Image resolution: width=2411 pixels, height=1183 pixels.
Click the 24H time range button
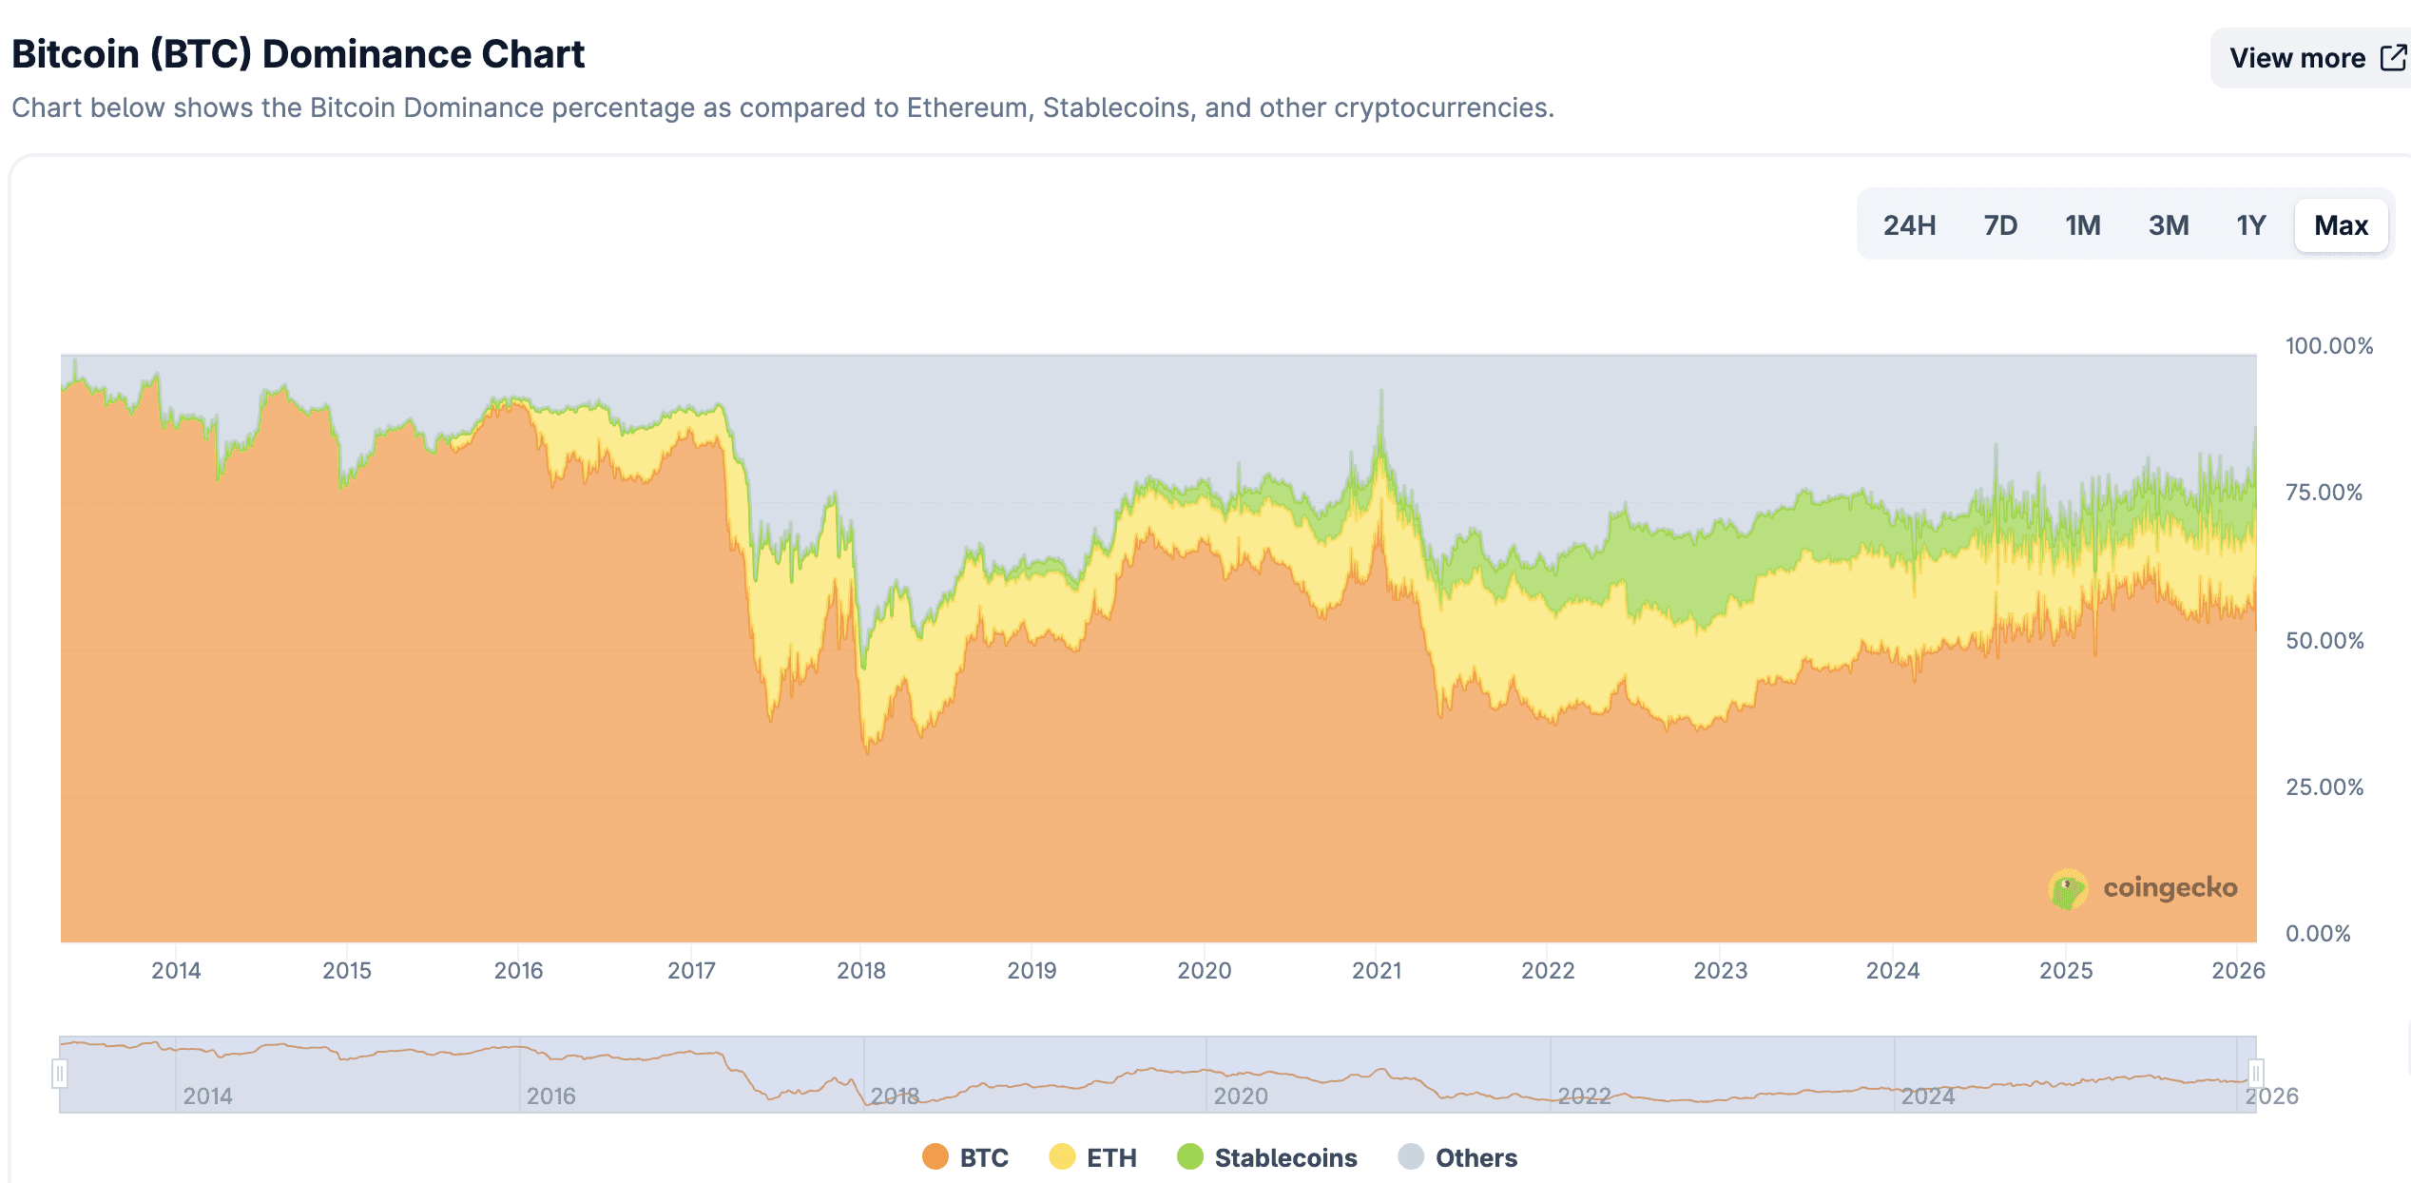click(x=1909, y=225)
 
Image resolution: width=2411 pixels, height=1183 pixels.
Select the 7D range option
click(x=2000, y=225)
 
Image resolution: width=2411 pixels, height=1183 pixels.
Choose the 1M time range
click(x=2082, y=225)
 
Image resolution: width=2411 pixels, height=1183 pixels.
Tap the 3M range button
click(x=2169, y=225)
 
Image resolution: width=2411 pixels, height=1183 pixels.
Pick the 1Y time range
click(x=2250, y=225)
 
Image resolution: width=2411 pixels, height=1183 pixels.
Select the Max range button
click(x=2341, y=225)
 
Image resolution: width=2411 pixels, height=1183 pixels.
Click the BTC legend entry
click(x=965, y=1157)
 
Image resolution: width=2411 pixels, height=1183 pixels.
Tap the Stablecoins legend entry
click(x=1267, y=1157)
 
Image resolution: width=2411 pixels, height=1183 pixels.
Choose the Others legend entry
click(x=1458, y=1157)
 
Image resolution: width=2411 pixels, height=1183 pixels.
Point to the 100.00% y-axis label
click(x=2328, y=345)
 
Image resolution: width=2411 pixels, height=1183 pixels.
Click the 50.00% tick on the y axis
click(x=2324, y=640)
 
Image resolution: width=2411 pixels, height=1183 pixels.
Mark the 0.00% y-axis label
click(x=2318, y=933)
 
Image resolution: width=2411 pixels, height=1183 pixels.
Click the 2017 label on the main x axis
click(x=691, y=970)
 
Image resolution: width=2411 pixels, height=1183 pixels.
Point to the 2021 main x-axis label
click(x=1377, y=970)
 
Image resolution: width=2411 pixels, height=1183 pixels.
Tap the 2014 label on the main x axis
click(x=176, y=970)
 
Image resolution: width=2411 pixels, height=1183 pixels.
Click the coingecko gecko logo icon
click(x=2067, y=889)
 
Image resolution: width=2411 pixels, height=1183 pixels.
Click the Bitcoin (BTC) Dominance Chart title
click(x=298, y=54)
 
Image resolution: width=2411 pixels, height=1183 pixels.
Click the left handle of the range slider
click(x=60, y=1074)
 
